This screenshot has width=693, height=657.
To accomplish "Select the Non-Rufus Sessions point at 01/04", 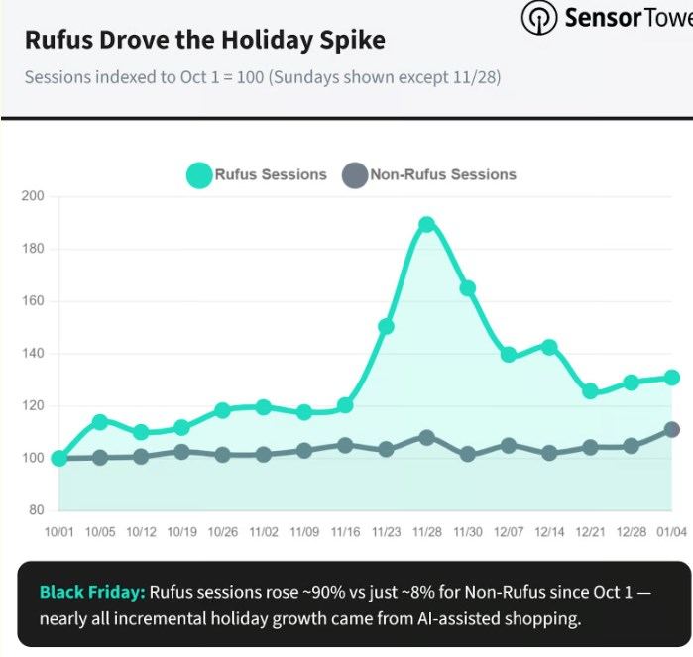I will click(x=672, y=429).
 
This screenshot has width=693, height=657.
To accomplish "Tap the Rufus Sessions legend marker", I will click(x=199, y=175).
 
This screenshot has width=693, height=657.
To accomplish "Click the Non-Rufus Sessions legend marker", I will click(x=354, y=175).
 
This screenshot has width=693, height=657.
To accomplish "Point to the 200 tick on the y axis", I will click(x=34, y=196).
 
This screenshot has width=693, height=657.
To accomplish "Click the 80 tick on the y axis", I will click(x=37, y=510).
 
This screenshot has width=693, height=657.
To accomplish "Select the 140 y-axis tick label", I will click(x=34, y=354).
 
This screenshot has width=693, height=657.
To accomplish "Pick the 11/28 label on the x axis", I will click(x=427, y=532).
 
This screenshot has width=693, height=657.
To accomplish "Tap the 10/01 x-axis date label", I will click(x=59, y=532).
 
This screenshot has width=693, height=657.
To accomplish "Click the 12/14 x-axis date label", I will click(x=549, y=532).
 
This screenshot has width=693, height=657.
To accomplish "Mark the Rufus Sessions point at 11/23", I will click(x=386, y=326).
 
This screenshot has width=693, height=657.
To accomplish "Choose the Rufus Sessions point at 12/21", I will click(x=591, y=391).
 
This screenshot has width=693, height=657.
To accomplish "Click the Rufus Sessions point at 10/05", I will click(x=100, y=422).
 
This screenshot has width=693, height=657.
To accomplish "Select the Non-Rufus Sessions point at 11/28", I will click(x=427, y=437).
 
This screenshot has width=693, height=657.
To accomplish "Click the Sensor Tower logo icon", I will click(x=538, y=17).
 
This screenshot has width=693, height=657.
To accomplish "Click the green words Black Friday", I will click(x=92, y=592).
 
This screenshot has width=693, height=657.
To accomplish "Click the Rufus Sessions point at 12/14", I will click(x=549, y=347).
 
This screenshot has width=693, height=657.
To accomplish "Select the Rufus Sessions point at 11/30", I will click(x=468, y=288).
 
